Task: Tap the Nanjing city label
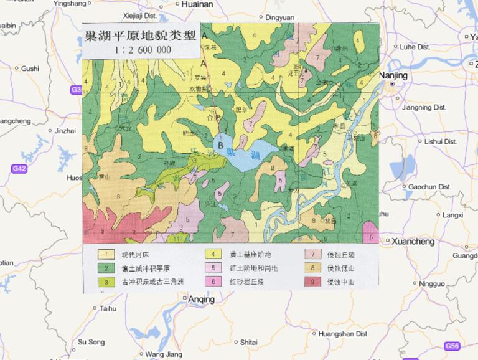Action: [393, 75]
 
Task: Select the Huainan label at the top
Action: [197, 4]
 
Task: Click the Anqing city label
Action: [201, 300]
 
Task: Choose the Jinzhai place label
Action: [65, 131]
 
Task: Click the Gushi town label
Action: [29, 69]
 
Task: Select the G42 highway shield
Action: [19, 169]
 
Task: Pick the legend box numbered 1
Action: [106, 254]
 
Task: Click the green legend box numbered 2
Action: [106, 268]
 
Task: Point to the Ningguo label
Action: [432, 284]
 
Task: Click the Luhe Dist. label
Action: [415, 47]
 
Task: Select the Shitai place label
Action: [248, 342]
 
